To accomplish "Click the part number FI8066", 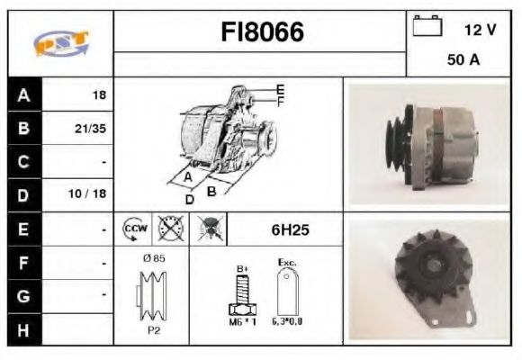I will pyautogui.click(x=262, y=33).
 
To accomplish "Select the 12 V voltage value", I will pyautogui.click(x=480, y=30).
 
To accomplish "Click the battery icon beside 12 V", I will pyautogui.click(x=427, y=27).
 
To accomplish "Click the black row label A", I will pyautogui.click(x=23, y=94).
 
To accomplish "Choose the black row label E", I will pyautogui.click(x=23, y=229).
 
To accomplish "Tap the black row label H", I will pyautogui.click(x=23, y=329).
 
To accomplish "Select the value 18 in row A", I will pyautogui.click(x=99, y=94).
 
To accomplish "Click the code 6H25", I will pyautogui.click(x=291, y=229).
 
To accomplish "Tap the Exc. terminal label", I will pyautogui.click(x=287, y=264).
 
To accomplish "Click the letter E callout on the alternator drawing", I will pyautogui.click(x=280, y=89).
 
